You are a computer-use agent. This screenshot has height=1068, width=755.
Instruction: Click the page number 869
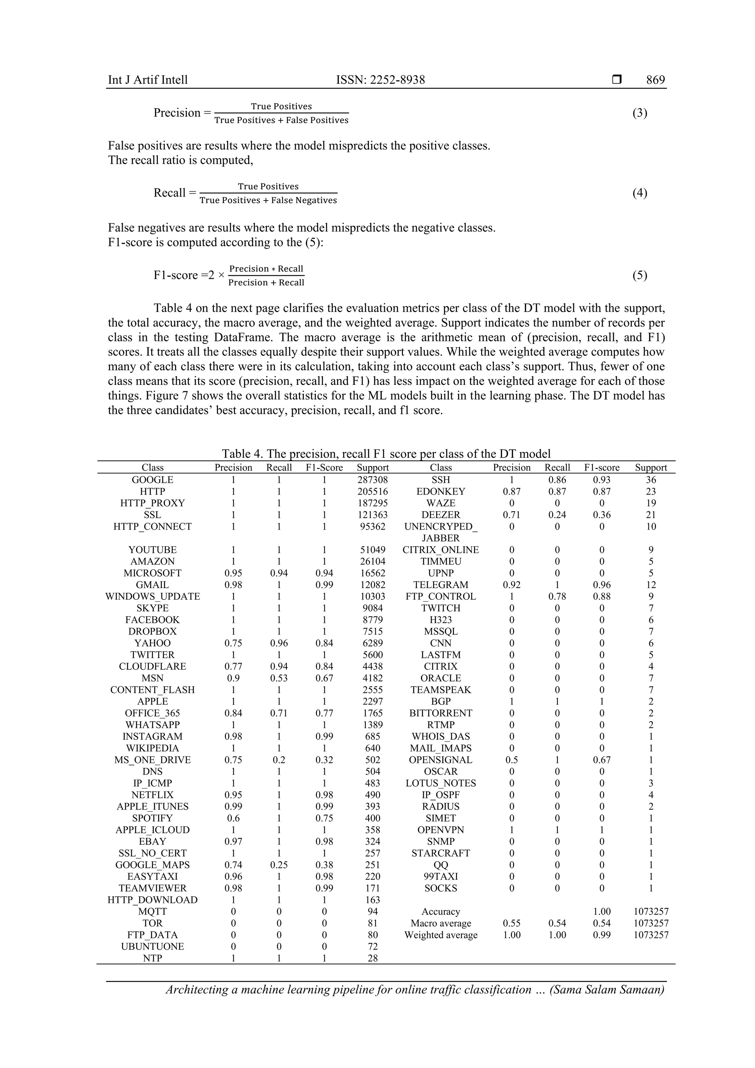click(x=655, y=80)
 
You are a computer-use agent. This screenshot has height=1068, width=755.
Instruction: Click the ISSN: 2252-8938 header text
click(x=380, y=80)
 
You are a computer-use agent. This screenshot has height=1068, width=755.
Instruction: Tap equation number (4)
click(x=639, y=193)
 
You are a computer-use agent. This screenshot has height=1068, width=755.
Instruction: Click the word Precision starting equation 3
click(x=177, y=113)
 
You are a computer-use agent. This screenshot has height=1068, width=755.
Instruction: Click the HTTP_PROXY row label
click(x=153, y=503)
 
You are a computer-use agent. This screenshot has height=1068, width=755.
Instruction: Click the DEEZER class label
click(x=440, y=515)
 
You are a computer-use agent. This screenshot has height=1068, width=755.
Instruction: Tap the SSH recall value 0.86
click(x=557, y=480)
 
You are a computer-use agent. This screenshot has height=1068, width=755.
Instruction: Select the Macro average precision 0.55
click(x=511, y=923)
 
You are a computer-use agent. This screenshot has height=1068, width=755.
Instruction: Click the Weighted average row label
click(x=440, y=935)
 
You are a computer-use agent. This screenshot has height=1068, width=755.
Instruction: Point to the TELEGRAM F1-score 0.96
click(x=602, y=585)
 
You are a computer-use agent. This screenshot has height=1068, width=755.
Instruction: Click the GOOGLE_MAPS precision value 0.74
click(x=233, y=865)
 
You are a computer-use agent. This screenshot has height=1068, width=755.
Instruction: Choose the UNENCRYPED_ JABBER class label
click(x=440, y=532)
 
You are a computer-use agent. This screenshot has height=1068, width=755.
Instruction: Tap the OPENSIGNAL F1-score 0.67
click(x=602, y=759)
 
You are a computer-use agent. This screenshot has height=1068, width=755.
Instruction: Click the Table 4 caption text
click(x=386, y=453)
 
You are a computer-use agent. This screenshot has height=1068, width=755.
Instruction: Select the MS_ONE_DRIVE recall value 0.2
click(x=279, y=759)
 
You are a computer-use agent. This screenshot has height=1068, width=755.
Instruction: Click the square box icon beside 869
click(x=616, y=80)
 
